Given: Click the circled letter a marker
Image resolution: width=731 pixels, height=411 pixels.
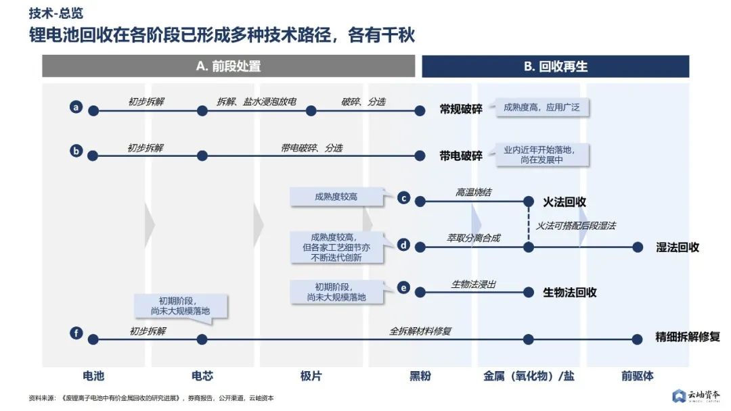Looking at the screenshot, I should pyautogui.click(x=76, y=107).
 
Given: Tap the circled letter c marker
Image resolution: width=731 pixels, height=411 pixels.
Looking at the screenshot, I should pyautogui.click(x=403, y=198).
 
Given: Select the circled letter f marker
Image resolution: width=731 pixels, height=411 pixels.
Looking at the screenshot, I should pyautogui.click(x=76, y=333).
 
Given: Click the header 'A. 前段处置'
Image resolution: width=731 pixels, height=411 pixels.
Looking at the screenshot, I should pyautogui.click(x=228, y=66).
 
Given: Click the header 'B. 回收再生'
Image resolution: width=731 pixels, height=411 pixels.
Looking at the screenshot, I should pyautogui.click(x=555, y=66).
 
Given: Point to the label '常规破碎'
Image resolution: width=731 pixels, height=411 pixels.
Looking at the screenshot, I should pyautogui.click(x=461, y=109).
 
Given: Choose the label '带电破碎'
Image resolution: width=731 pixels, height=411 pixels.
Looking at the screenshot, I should pyautogui.click(x=461, y=155).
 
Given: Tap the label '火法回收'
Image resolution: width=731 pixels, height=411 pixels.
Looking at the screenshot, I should pyautogui.click(x=564, y=201).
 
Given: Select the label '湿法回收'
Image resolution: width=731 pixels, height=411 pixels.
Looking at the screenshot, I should pyautogui.click(x=678, y=247).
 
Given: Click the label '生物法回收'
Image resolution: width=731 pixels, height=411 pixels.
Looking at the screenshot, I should pyautogui.click(x=570, y=292).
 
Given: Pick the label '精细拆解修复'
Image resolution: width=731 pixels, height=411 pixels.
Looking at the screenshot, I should pyautogui.click(x=687, y=337).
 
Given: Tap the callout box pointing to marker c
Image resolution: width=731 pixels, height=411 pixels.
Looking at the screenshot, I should pyautogui.click(x=336, y=197).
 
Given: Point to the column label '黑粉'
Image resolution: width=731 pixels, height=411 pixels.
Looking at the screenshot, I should pyautogui.click(x=420, y=376).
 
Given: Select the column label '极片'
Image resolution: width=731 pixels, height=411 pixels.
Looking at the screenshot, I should pyautogui.click(x=311, y=376).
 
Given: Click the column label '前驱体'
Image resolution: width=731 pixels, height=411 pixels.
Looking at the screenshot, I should pyautogui.click(x=638, y=376).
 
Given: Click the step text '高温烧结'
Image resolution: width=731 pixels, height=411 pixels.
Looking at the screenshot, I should pyautogui.click(x=473, y=193).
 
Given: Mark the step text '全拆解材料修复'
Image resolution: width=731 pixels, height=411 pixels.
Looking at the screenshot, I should pyautogui.click(x=420, y=331).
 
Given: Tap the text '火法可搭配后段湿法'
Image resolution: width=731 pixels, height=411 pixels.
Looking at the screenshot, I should pyautogui.click(x=576, y=225).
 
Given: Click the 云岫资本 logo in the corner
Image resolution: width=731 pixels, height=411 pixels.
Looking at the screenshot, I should pyautogui.click(x=696, y=395).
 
